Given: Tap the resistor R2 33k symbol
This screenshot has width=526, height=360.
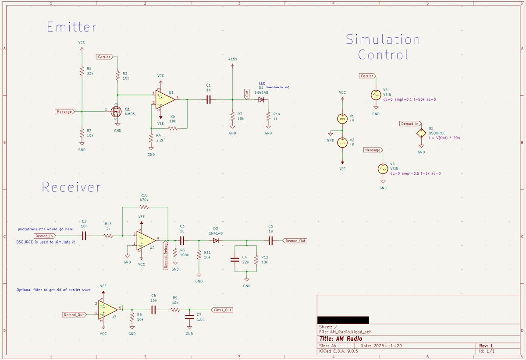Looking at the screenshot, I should [82, 71].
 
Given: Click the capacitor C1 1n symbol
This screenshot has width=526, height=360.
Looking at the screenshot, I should [208, 100].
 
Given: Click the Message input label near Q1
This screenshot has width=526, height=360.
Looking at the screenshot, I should [64, 112].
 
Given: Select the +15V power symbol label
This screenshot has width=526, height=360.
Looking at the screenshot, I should [232, 59].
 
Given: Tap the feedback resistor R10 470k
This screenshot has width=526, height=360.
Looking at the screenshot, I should [145, 207].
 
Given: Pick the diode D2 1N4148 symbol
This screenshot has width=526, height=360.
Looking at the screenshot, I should [216, 240].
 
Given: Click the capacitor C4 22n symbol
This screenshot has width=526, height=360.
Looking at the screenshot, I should [236, 259].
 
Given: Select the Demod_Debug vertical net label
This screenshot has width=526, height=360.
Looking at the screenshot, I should [166, 255].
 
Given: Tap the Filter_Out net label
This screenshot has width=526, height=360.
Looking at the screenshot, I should [222, 310].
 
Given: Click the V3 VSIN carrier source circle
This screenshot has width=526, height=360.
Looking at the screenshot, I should [376, 95].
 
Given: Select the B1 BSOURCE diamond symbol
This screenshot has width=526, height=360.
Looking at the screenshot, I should [421, 134].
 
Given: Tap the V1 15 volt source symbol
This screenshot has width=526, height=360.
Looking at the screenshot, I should [342, 119].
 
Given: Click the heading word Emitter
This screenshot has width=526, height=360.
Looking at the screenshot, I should [71, 27].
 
